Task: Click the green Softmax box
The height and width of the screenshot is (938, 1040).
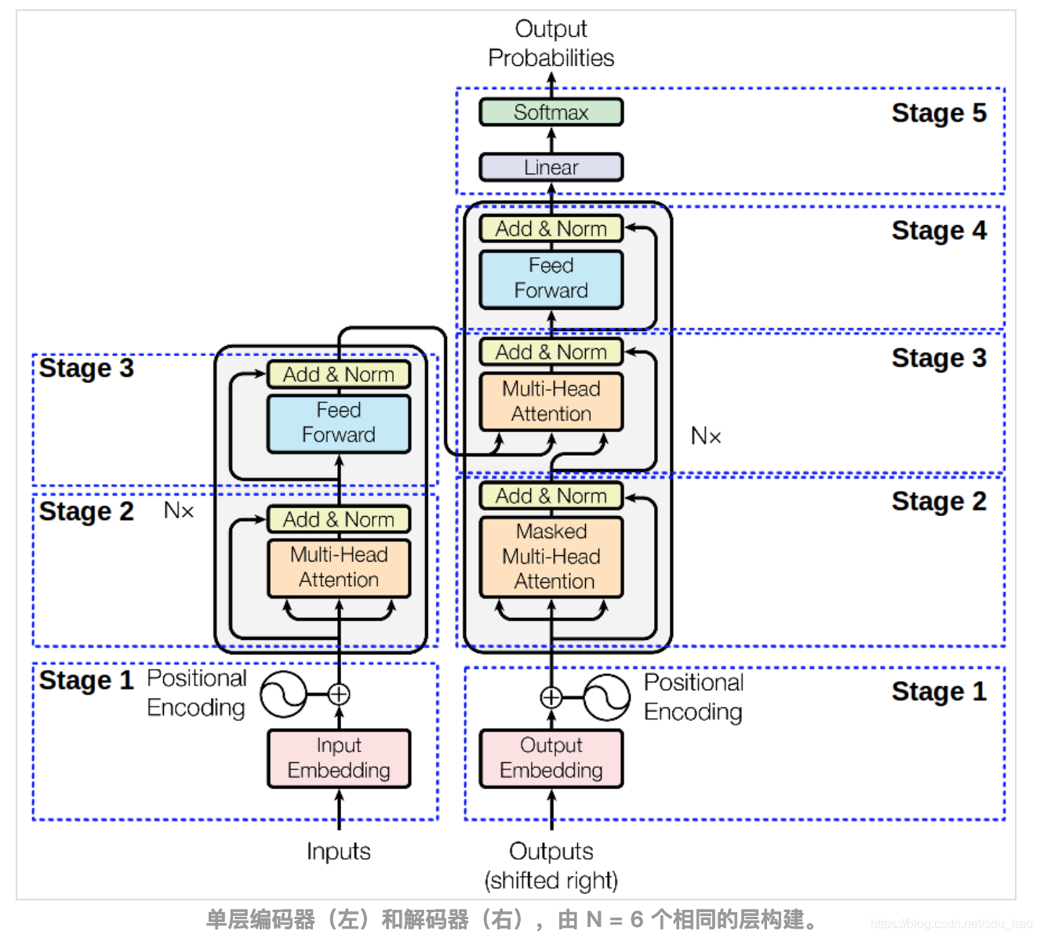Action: pos(551,112)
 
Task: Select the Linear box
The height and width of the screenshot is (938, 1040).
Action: pos(551,167)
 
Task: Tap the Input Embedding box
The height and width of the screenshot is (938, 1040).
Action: pos(339,758)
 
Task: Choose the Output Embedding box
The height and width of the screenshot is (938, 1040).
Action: pos(551,758)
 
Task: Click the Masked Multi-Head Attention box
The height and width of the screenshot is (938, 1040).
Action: pos(551,557)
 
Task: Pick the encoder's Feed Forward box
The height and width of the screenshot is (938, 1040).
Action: pos(339,423)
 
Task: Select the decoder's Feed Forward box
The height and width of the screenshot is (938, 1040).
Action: pos(551,279)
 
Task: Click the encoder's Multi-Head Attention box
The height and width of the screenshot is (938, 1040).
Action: pos(339,568)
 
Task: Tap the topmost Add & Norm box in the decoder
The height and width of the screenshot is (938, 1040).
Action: pos(551,228)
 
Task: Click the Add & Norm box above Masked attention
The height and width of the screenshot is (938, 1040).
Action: pos(551,496)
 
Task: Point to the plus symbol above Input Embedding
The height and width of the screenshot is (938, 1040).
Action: pos(339,694)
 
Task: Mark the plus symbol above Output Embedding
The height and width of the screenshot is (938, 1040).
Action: pos(551,697)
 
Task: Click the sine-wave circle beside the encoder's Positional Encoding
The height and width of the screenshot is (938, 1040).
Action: pos(284,694)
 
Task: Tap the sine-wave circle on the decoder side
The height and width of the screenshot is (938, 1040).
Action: pos(606,697)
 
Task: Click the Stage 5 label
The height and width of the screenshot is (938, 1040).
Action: pos(939,113)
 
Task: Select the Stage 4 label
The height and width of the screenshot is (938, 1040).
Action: pos(939,231)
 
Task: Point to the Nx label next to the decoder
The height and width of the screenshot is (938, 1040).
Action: pos(706,436)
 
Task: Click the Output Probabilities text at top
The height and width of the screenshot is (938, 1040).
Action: pos(551,43)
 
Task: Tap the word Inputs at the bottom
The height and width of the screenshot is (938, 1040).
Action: pos(339,852)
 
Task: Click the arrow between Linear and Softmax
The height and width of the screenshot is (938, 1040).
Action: pos(551,140)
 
